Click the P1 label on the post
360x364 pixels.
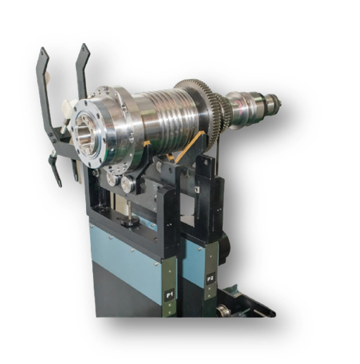coord(170,295)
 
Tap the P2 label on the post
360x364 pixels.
coord(210,279)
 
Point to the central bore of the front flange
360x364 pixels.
coord(85,134)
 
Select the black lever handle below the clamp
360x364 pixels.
coord(56,168)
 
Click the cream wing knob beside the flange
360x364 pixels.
coord(69,105)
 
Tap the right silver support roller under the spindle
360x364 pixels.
coord(126,184)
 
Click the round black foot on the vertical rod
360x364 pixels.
coord(130,221)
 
